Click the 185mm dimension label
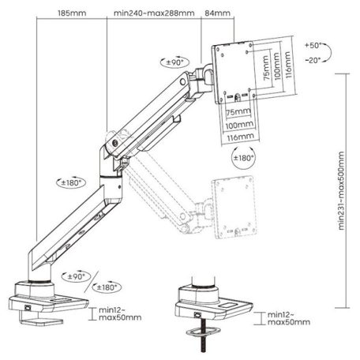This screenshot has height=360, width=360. coord(72,13)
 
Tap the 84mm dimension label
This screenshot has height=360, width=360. coord(217,13)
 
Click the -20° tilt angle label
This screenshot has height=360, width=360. coord(312,59)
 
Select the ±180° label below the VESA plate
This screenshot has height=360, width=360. coord(244,158)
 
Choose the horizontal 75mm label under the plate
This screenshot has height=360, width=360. coord(232,114)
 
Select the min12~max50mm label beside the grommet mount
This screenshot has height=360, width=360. coord(283,319)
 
